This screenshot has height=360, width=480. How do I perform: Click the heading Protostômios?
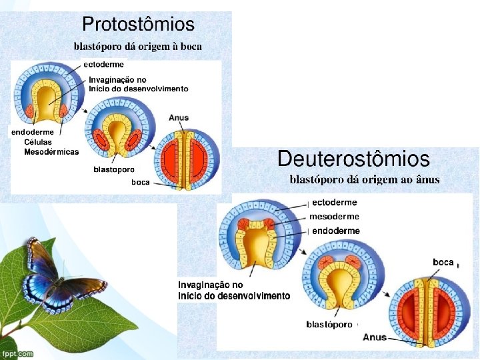(x=139, y=24)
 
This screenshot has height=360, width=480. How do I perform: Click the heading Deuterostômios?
(x=353, y=159)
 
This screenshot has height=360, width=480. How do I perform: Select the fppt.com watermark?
(x=17, y=354)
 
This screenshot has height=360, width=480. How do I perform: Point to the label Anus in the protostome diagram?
(x=179, y=117)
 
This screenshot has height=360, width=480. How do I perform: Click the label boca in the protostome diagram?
(x=141, y=182)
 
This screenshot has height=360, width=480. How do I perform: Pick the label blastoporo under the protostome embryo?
(x=114, y=169)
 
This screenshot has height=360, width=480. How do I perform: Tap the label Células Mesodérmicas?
(x=51, y=147)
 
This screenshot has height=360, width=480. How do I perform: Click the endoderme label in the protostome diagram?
(x=33, y=132)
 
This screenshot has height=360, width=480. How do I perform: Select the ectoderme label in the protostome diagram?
(x=103, y=65)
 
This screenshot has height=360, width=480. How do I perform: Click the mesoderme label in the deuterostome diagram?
(x=334, y=217)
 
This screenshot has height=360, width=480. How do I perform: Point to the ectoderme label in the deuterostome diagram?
(x=335, y=203)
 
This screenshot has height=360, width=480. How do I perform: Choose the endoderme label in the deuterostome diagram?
(x=336, y=231)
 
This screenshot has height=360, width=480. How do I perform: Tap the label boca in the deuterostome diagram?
(x=443, y=263)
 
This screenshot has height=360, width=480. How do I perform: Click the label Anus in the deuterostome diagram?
(x=375, y=337)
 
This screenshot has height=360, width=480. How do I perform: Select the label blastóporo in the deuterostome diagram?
(x=329, y=325)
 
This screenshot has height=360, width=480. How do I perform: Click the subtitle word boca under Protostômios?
(x=191, y=47)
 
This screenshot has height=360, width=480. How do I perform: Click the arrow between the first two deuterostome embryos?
(x=303, y=251)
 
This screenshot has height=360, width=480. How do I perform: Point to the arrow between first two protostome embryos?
(x=85, y=110)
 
